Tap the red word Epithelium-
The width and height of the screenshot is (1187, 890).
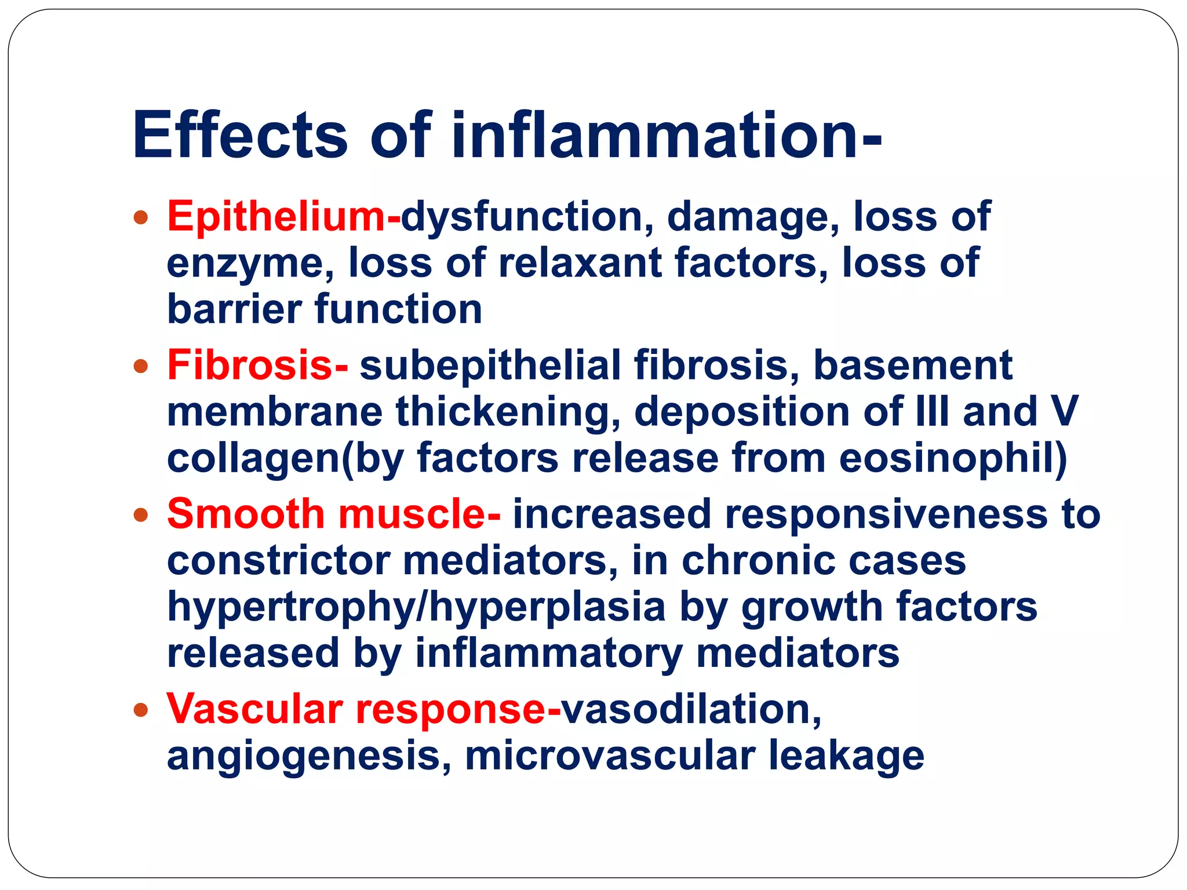pyautogui.click(x=283, y=217)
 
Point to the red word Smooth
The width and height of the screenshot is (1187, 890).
pyautogui.click(x=246, y=514)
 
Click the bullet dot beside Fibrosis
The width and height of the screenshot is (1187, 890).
pyautogui.click(x=140, y=367)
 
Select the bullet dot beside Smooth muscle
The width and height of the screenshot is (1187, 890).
pyautogui.click(x=140, y=515)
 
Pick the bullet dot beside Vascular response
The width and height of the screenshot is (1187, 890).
pyautogui.click(x=140, y=710)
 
